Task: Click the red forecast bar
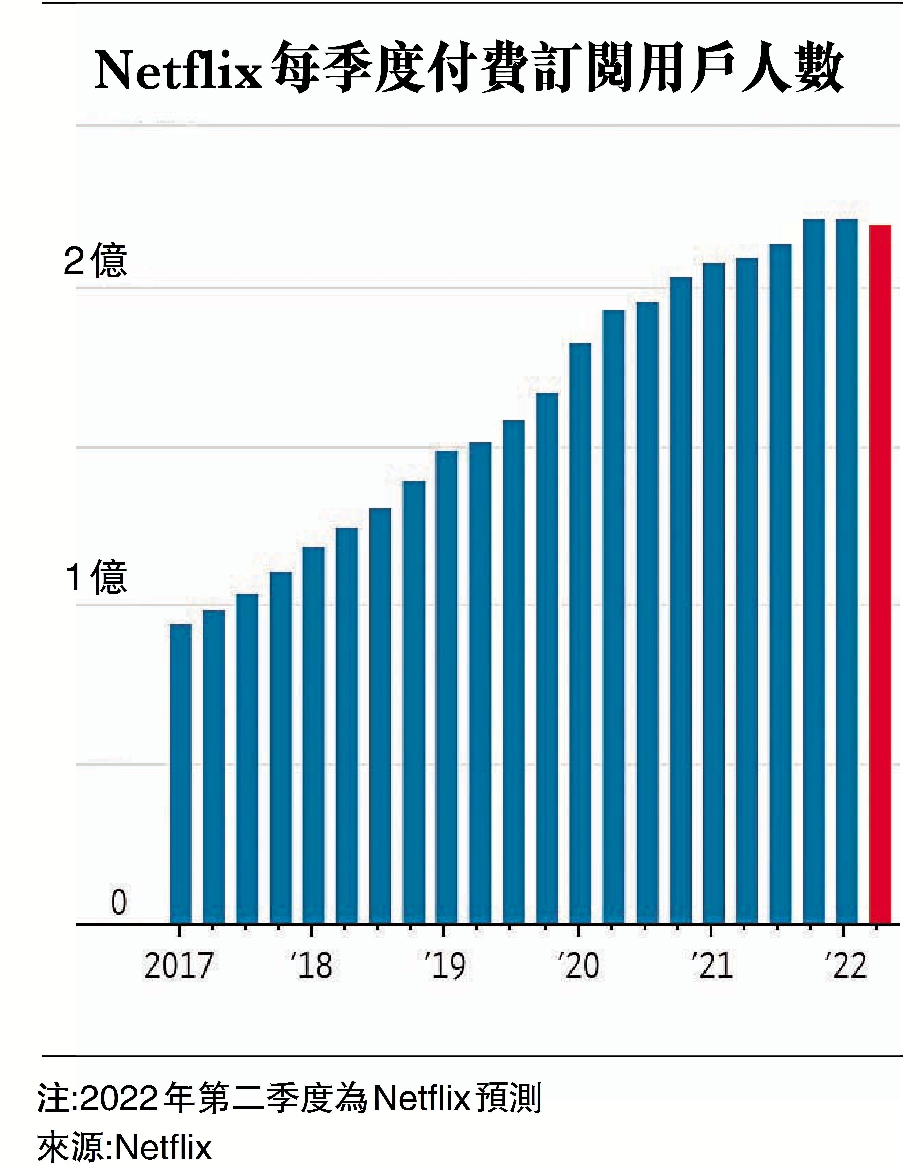tap(880, 574)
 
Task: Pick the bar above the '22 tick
tap(847, 571)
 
